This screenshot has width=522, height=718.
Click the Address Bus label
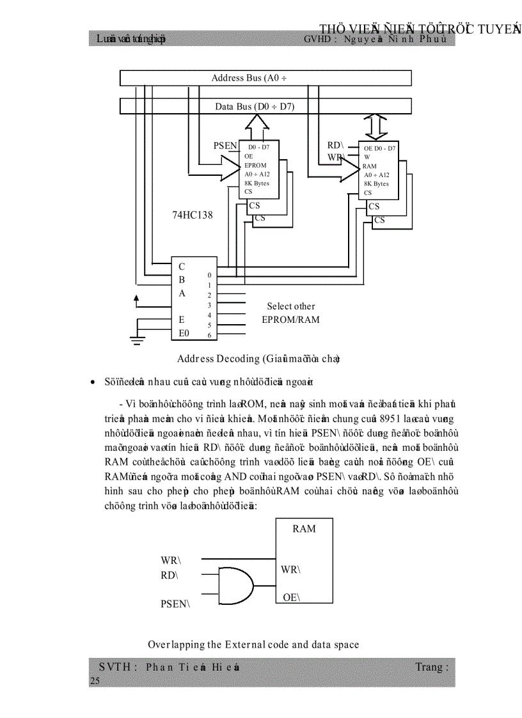click(x=249, y=78)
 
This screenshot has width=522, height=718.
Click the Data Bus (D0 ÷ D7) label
click(x=255, y=106)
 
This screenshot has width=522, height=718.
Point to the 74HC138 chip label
click(x=192, y=215)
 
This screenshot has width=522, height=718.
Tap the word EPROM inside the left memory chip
click(x=255, y=165)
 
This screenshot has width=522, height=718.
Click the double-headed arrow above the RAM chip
click(x=376, y=127)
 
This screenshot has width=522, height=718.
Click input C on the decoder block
click(x=182, y=267)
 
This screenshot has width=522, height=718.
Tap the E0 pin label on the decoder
click(x=184, y=333)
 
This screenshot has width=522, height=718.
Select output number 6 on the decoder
click(x=209, y=335)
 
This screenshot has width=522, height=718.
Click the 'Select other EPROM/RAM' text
click(x=290, y=313)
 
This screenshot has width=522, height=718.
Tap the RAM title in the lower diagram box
click(x=304, y=529)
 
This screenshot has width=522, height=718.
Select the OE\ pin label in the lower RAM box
click(x=291, y=598)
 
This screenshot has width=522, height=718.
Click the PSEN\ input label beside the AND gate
click(x=175, y=603)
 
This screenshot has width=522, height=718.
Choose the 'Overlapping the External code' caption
click(x=253, y=644)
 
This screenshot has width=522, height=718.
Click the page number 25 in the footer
click(x=95, y=681)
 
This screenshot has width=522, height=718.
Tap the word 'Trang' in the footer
click(x=428, y=667)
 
